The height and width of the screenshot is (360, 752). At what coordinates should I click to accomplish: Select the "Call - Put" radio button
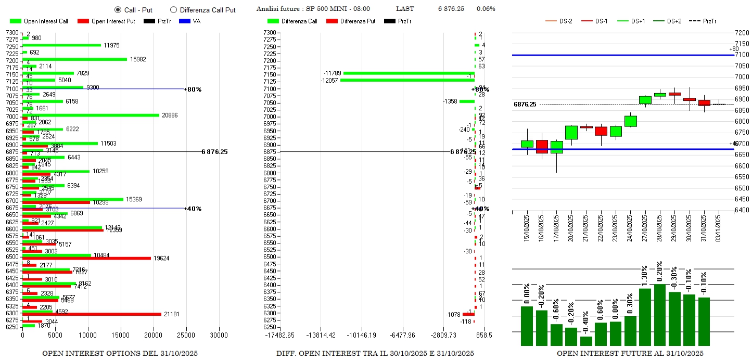118,9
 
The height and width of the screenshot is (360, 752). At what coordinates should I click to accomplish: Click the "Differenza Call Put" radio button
174,9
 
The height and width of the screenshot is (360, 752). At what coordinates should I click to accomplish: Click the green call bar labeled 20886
91,115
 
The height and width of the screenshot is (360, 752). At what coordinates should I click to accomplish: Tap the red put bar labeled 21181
92,314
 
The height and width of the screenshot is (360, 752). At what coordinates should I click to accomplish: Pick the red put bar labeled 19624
86,258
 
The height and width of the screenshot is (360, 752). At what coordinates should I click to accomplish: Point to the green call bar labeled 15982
74,59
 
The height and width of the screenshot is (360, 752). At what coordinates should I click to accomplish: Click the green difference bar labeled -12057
407,80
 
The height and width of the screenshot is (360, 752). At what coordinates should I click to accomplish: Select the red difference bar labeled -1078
468,314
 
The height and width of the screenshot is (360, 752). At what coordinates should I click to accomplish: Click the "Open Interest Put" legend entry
107,21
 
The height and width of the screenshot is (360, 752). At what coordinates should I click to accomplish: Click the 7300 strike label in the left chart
11,33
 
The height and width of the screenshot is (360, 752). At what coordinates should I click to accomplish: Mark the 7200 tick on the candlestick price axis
742,33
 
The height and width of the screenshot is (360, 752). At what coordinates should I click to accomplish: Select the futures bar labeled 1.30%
645,317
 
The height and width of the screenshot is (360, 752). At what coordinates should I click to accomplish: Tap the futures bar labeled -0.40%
571,341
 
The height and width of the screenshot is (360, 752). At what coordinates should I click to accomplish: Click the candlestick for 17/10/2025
556,147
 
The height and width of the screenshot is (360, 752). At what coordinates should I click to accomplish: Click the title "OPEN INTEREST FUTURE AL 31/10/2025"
630,354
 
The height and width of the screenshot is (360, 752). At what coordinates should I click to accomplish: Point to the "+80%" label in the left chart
194,89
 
